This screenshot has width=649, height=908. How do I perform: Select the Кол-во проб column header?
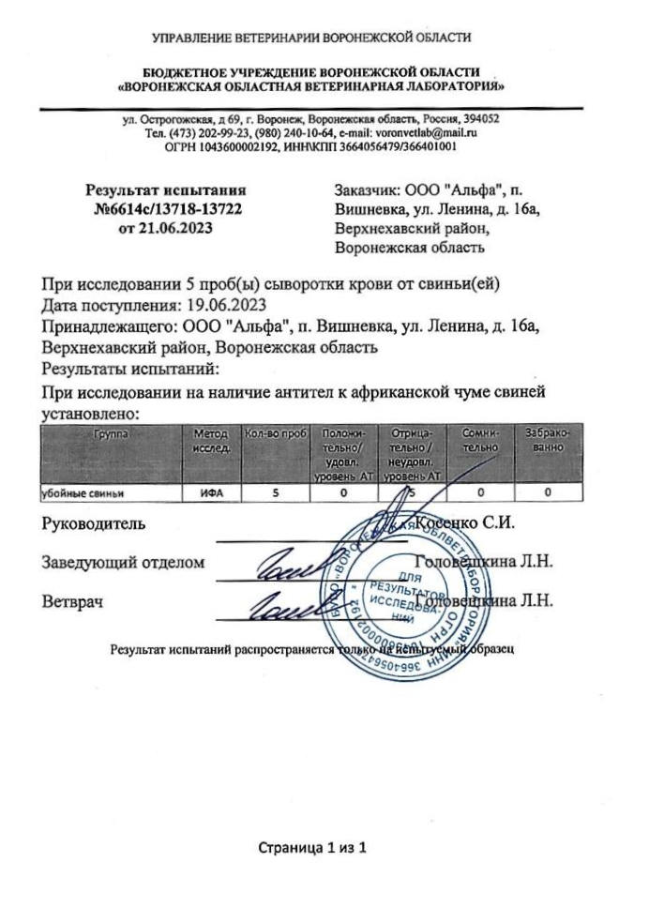(276, 433)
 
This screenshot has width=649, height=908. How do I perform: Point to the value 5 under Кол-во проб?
(276, 491)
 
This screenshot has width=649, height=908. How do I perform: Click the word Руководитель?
(93, 523)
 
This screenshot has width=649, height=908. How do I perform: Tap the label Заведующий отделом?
(122, 562)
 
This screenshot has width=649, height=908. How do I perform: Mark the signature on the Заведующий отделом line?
(283, 560)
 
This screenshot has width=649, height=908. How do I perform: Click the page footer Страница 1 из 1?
(311, 848)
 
